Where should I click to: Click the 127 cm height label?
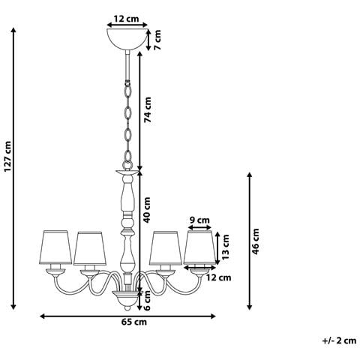tap(7, 156)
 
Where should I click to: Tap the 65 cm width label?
tap(134, 322)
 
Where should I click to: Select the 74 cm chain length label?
tap(148, 109)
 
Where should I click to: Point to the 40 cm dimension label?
tap(147, 210)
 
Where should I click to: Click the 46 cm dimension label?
tap(256, 241)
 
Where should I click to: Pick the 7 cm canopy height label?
tap(157, 40)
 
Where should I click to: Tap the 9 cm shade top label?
tap(199, 220)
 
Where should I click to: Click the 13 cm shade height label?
tap(225, 247)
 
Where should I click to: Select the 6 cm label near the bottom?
tap(147, 301)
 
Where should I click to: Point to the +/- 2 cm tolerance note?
tap(339, 340)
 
